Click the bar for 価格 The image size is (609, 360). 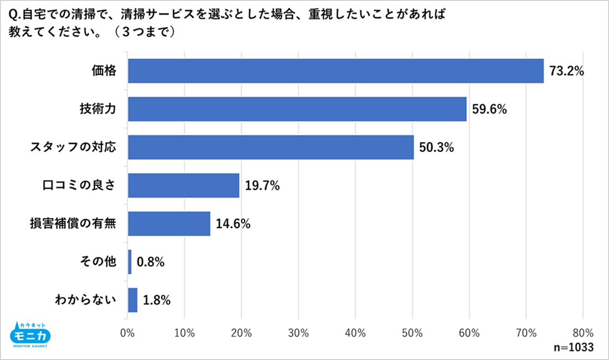[336, 70]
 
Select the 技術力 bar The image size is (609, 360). [297, 109]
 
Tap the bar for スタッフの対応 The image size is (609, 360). [271, 147]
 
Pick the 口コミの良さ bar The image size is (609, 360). [184, 186]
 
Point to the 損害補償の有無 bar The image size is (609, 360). [169, 224]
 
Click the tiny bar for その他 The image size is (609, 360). [130, 262]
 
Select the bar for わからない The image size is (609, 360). [133, 300]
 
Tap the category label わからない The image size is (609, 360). [86, 300]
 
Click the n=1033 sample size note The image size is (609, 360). [574, 347]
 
